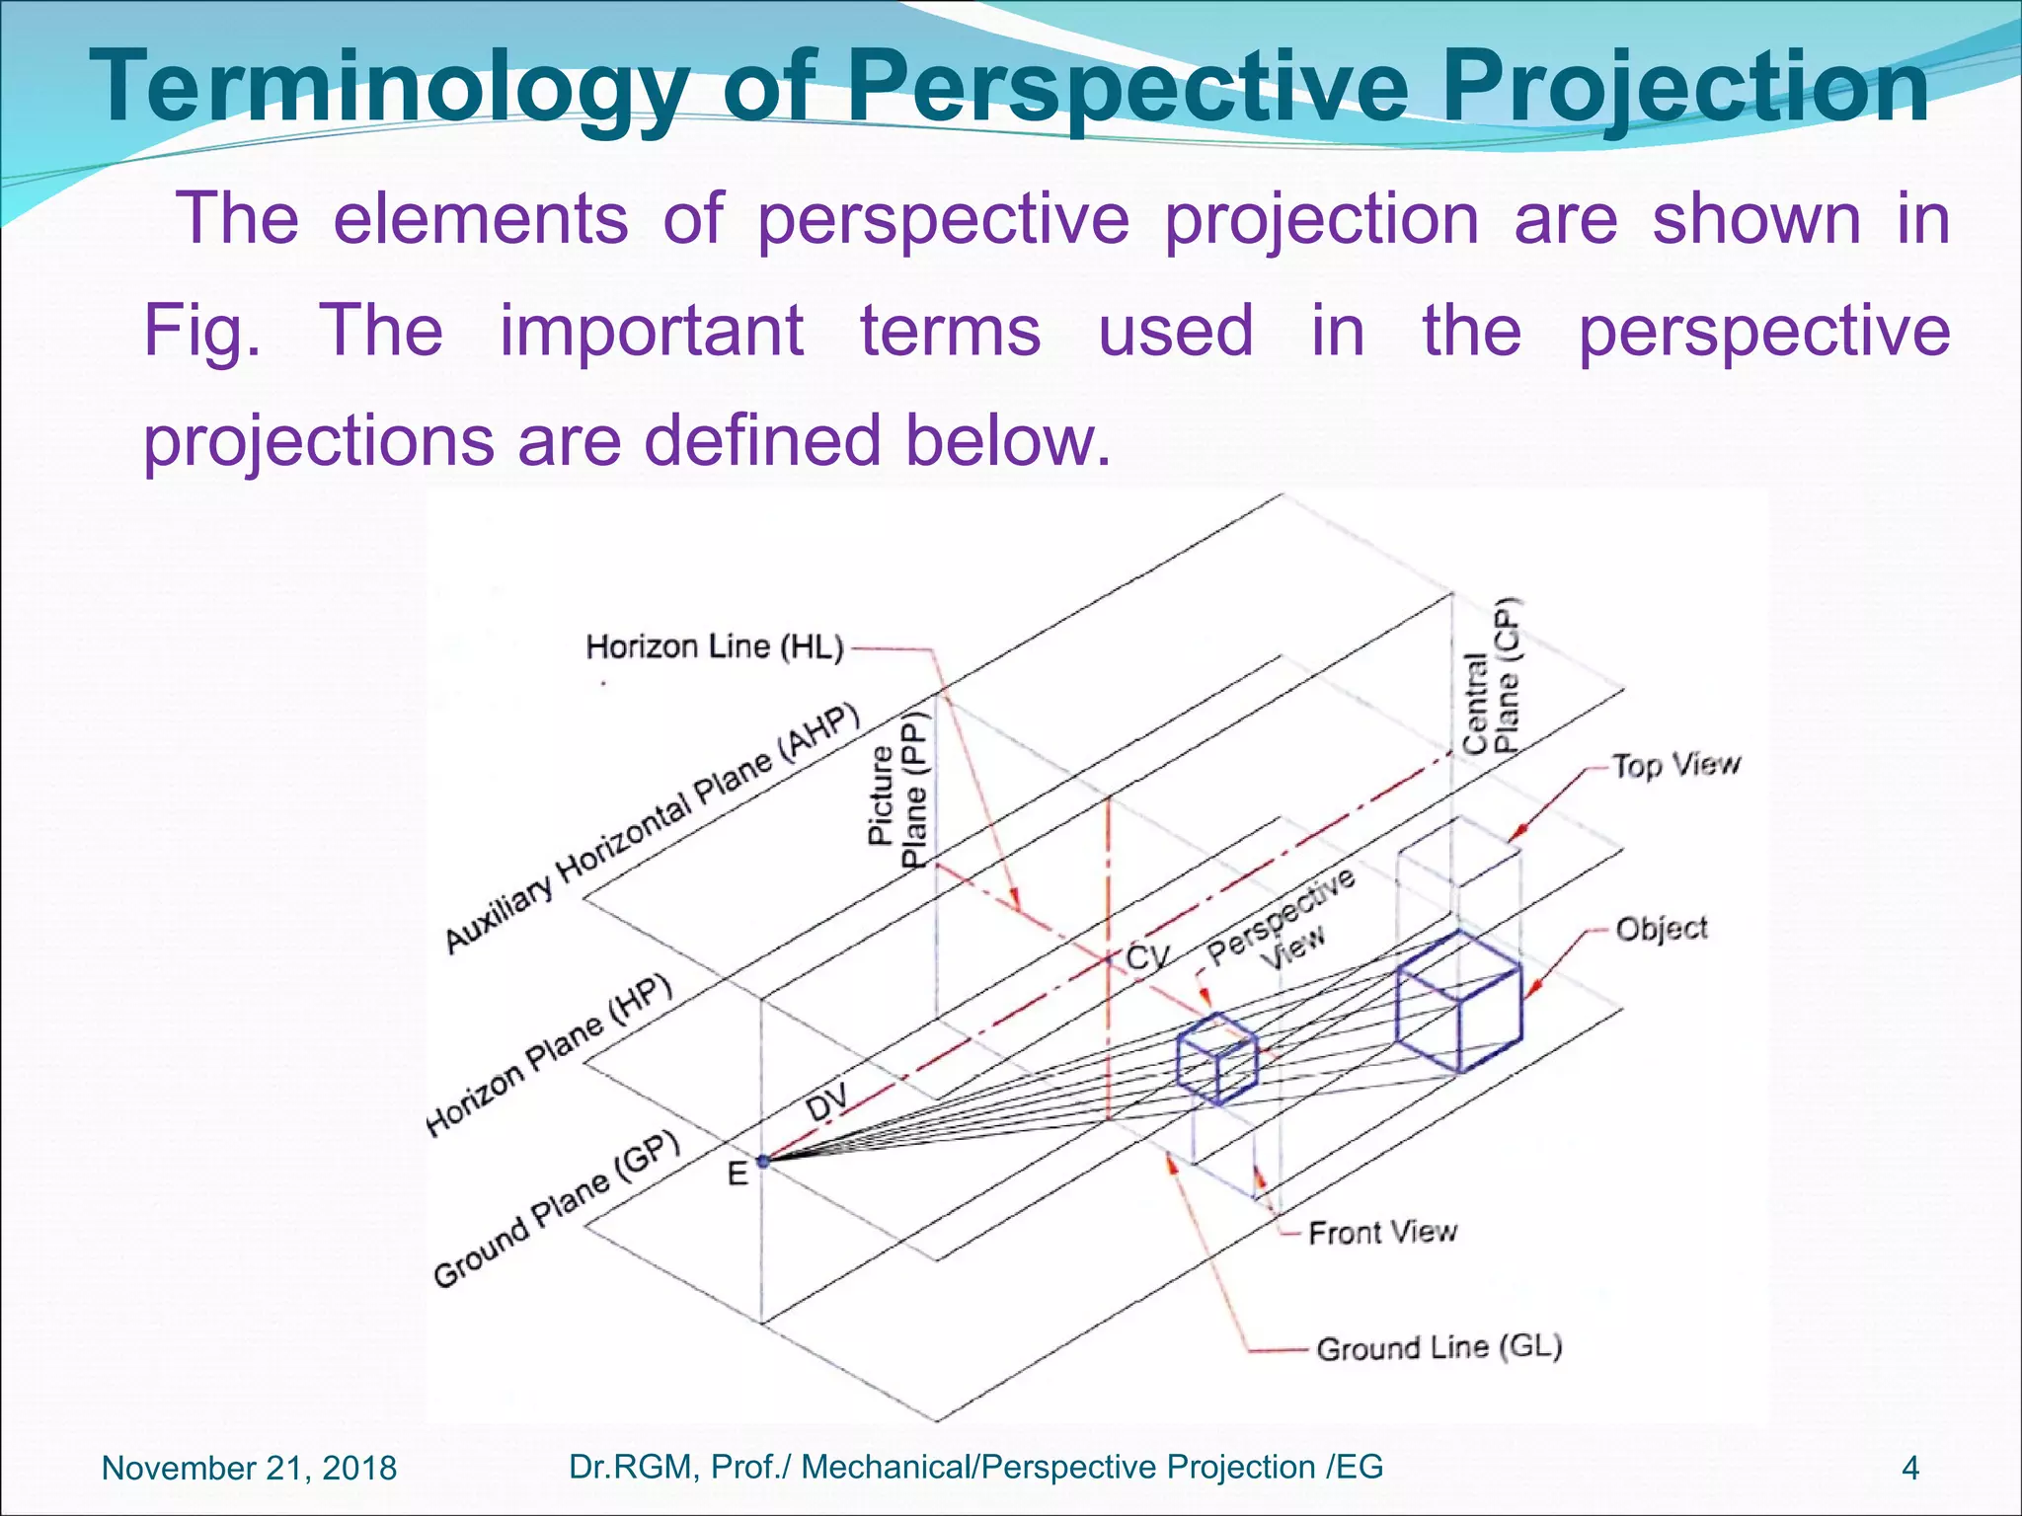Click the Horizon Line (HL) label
(715, 647)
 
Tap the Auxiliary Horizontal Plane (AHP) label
(652, 829)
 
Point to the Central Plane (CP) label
(1492, 677)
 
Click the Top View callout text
(1675, 765)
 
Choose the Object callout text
(1661, 929)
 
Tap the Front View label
(1382, 1232)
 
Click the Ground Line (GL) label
(1439, 1348)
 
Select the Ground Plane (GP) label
(558, 1208)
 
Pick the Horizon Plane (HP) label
(550, 1053)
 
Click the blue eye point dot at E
(762, 1162)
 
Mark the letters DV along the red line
(827, 1101)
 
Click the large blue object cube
(1458, 1003)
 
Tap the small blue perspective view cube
(1217, 1059)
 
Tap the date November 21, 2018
(249, 1468)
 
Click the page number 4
(1909, 1469)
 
